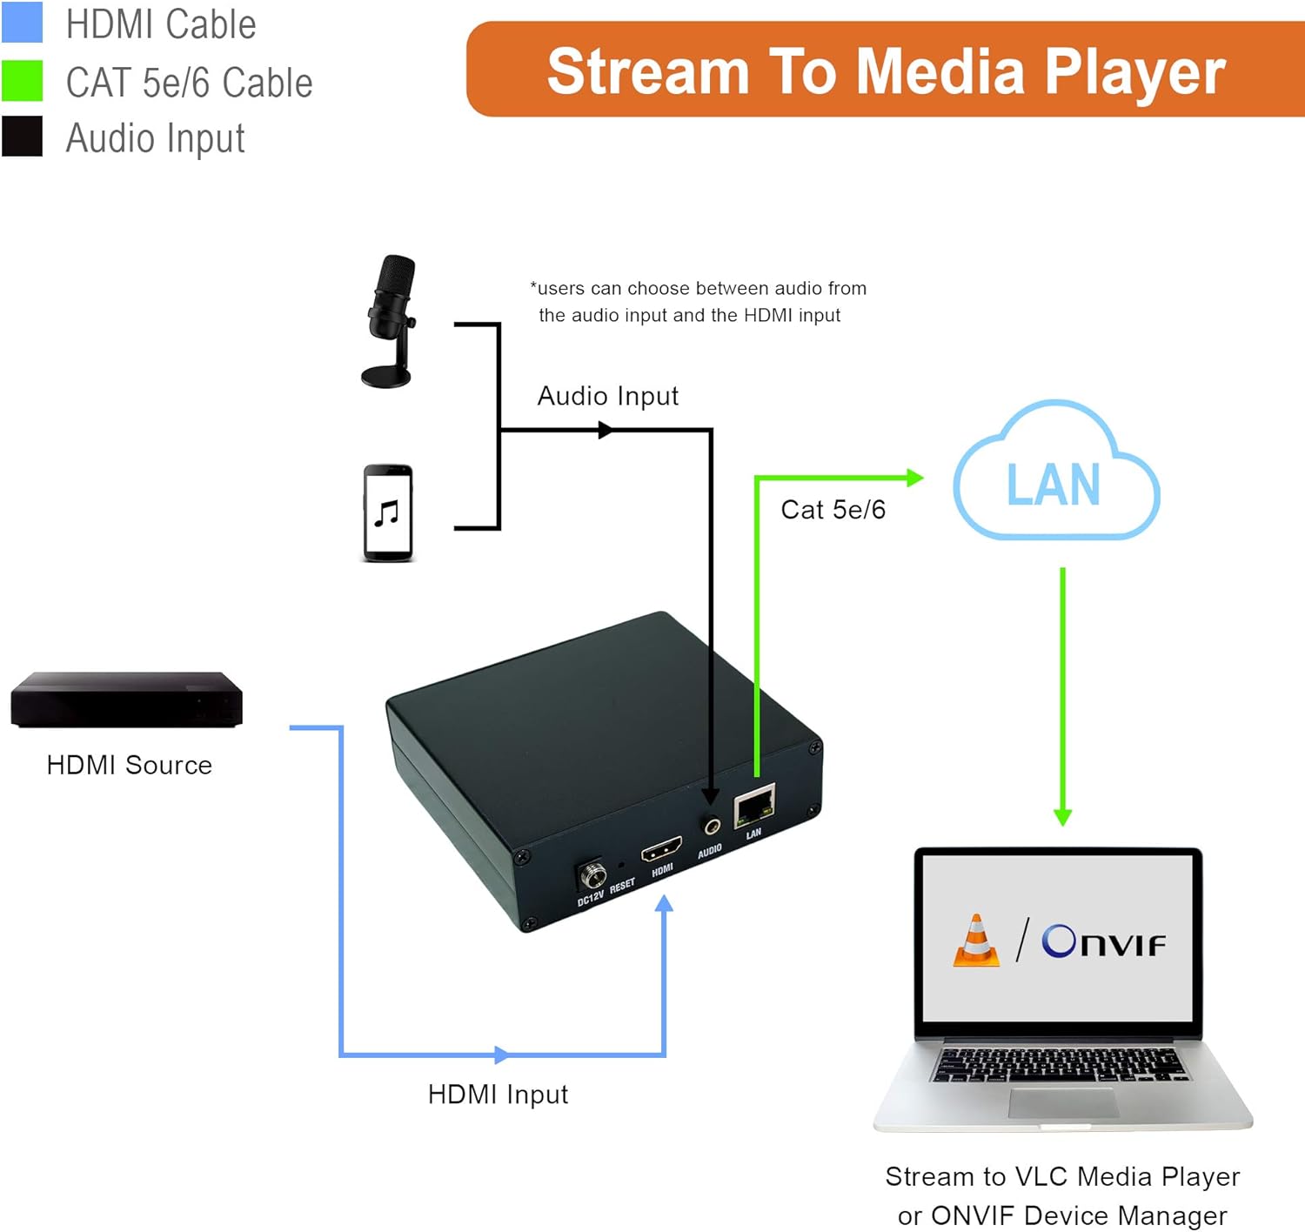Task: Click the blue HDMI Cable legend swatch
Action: [22, 23]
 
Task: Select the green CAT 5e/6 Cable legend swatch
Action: [22, 81]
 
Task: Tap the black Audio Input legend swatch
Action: [22, 137]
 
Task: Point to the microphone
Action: [390, 320]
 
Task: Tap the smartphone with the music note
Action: [387, 513]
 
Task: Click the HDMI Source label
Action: [129, 765]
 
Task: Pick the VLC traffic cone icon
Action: [976, 941]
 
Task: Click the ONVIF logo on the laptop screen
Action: [1103, 941]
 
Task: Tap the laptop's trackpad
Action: [1063, 1102]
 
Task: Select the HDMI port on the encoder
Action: [661, 848]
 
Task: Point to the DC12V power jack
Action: [592, 874]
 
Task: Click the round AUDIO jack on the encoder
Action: [713, 826]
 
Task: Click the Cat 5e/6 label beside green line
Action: [833, 510]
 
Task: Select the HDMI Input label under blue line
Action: [498, 1095]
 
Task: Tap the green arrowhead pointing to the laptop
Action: [1062, 816]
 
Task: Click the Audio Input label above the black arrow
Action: [607, 397]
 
